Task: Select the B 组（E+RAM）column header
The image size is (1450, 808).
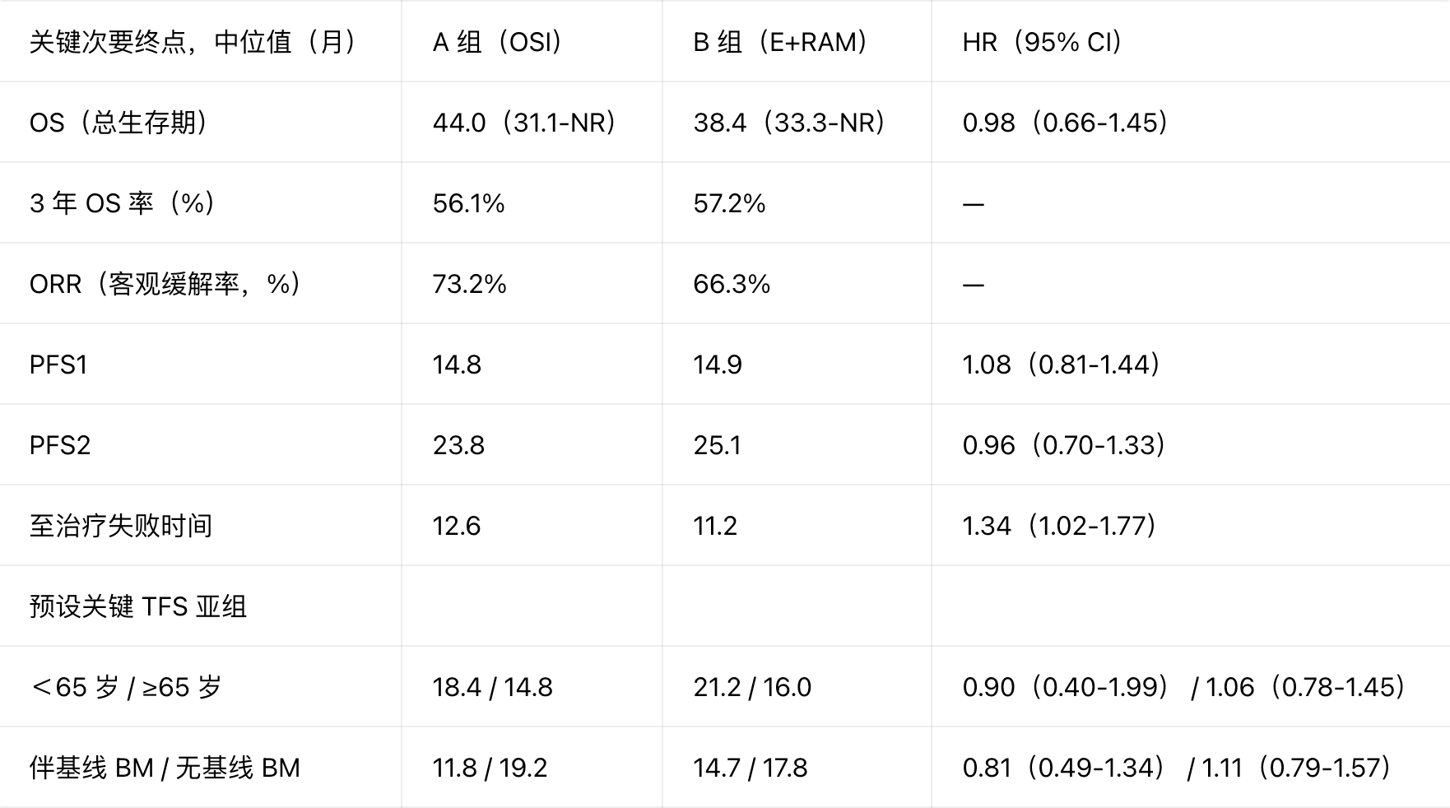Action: coord(780,41)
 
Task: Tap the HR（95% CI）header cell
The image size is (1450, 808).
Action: coord(1042,41)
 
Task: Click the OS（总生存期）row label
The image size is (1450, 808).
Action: coord(118,122)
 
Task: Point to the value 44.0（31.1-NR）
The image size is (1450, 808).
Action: coord(524,122)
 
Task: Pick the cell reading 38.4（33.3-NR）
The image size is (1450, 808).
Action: coord(788,122)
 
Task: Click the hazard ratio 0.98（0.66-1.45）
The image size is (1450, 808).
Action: coord(1065,122)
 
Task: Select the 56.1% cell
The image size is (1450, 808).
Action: coord(469,203)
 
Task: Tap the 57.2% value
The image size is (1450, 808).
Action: coord(729,203)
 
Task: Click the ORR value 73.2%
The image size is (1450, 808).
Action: coord(470,284)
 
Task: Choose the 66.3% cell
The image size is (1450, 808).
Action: coord(732,284)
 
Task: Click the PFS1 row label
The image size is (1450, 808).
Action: coord(58,365)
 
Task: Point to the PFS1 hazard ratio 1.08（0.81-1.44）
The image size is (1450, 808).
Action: coord(1061,365)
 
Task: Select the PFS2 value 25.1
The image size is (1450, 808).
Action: coord(717,445)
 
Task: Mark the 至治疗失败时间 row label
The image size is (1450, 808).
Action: coord(121,526)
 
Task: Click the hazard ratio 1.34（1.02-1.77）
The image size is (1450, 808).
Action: coord(1059,526)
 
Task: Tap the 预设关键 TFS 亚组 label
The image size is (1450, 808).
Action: coord(138,606)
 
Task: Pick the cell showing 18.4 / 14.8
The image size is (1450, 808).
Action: coord(493,687)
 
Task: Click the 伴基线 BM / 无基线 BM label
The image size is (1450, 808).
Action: coord(165,768)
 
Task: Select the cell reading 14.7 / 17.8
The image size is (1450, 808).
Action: coord(751,768)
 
